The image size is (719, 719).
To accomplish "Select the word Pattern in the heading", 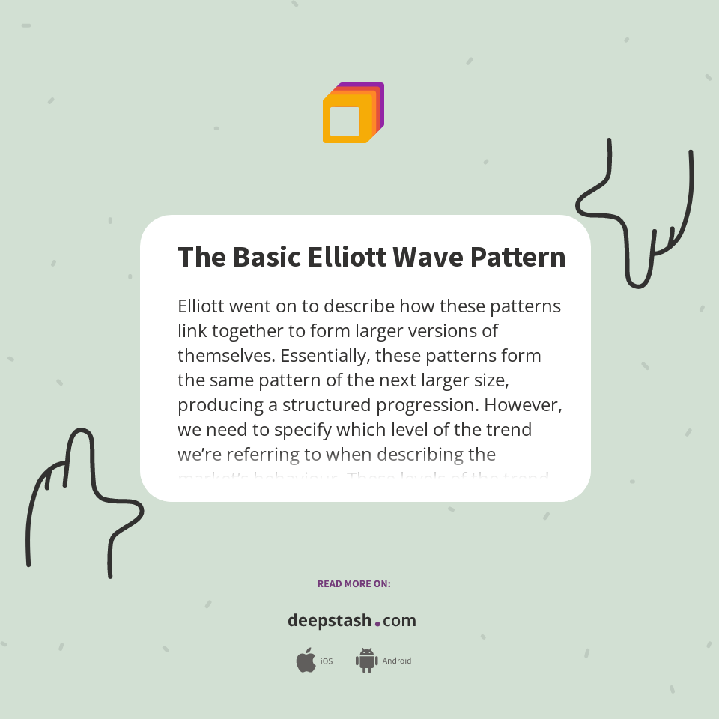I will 518,257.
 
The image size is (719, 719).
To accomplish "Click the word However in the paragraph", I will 524,404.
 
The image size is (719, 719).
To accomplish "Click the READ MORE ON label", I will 354,583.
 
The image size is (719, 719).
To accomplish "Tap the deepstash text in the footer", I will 330,621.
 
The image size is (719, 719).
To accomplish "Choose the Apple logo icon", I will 306,661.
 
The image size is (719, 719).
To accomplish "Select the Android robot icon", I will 366,661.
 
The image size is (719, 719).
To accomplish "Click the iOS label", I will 327,661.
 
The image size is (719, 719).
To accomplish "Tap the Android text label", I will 396,661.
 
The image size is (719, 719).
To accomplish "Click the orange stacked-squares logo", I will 353,113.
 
